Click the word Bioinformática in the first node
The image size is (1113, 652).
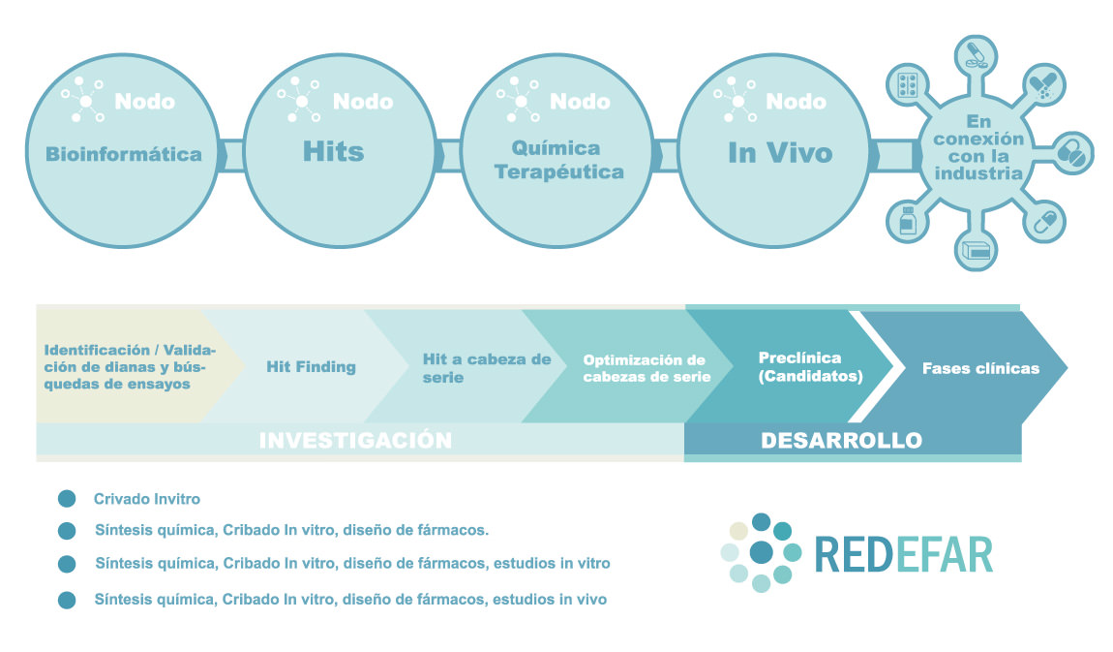point(124,154)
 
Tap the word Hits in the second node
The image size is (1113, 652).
point(334,151)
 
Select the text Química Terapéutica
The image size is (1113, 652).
point(558,160)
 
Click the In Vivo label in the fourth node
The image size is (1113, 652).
point(780,153)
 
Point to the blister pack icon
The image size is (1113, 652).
point(908,85)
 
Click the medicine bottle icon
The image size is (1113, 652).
point(907,220)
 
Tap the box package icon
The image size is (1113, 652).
point(976,250)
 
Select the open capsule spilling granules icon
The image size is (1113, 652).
point(1043,86)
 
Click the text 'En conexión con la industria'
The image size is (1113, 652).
point(978,147)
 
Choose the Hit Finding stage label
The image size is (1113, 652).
point(311,366)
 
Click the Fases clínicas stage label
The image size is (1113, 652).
point(980,368)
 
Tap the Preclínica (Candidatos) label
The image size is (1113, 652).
point(811,366)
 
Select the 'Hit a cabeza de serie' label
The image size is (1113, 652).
point(487,368)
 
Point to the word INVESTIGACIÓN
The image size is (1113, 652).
point(355,441)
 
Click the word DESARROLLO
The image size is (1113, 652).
point(841,441)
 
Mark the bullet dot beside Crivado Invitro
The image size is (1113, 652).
point(67,499)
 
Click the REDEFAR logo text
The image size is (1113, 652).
point(904,555)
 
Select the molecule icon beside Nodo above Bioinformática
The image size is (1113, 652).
point(84,100)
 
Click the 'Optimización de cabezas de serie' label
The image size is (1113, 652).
point(647,368)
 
